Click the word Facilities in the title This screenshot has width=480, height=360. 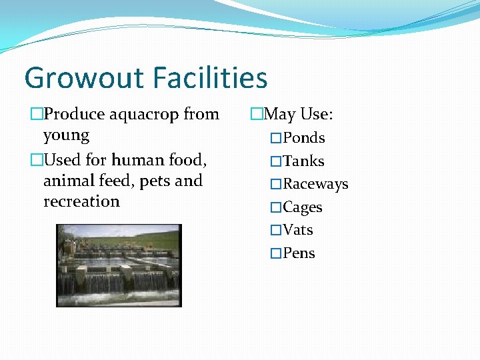tap(209, 77)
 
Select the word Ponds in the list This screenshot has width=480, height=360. tap(303, 138)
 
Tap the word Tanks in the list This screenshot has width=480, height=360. tap(303, 161)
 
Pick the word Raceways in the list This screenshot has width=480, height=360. tap(315, 184)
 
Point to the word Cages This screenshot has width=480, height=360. tap(303, 207)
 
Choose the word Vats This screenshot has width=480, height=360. tap(298, 230)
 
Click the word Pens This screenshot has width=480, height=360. tap(299, 253)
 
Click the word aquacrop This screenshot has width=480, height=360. tap(143, 115)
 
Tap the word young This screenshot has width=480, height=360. tap(66, 135)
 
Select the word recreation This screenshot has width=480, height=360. tap(81, 201)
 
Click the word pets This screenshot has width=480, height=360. tap(155, 181)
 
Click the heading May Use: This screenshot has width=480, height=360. tap(298, 115)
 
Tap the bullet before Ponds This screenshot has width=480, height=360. tap(276, 139)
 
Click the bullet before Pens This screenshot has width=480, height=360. tap(276, 254)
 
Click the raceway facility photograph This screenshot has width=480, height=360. tap(119, 265)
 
